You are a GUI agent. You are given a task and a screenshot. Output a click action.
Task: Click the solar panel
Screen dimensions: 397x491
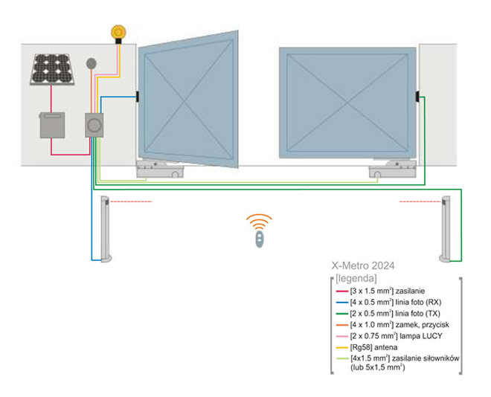[54, 69]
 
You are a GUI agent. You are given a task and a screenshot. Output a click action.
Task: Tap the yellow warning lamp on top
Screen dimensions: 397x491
[118, 32]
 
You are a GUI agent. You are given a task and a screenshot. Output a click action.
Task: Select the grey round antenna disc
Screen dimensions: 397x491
[92, 65]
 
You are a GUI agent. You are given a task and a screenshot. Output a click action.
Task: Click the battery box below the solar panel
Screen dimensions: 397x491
[51, 126]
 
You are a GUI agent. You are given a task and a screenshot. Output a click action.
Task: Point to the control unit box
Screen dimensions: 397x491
[95, 125]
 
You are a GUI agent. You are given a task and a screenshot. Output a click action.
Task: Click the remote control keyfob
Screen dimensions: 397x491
[259, 239]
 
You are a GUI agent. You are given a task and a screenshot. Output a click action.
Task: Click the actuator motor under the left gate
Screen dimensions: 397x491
[161, 170]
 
